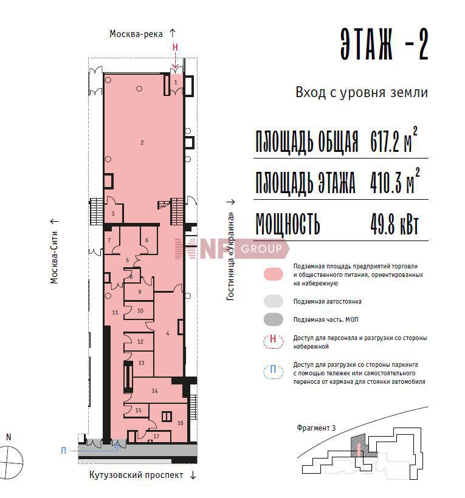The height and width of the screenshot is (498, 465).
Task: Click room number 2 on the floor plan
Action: [142, 143]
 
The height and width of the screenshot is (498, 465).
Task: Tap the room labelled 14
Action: [154, 391]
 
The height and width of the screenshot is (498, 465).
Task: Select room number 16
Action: [180, 423]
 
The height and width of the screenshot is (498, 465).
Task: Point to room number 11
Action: [115, 313]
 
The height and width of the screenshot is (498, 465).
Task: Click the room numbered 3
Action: [113, 214]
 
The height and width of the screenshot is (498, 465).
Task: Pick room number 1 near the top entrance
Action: [176, 83]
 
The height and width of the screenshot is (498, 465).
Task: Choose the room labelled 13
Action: [142, 363]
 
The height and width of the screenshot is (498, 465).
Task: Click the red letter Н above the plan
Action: [175, 47]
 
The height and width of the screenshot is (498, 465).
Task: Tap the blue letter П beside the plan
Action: [64, 451]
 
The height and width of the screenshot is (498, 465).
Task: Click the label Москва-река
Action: [136, 34]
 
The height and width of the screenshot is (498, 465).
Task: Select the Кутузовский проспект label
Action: [136, 475]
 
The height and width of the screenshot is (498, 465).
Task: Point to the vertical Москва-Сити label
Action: [54, 258]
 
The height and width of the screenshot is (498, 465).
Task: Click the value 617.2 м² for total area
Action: [393, 140]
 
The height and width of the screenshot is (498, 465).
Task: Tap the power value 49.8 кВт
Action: [394, 224]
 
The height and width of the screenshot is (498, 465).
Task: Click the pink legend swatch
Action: [274, 274]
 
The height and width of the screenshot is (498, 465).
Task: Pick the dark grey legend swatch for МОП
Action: [274, 319]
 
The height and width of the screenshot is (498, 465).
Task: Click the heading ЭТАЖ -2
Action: [385, 44]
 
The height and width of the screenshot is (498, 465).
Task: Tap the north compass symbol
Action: [10, 462]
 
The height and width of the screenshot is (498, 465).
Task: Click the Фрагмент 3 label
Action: [316, 428]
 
